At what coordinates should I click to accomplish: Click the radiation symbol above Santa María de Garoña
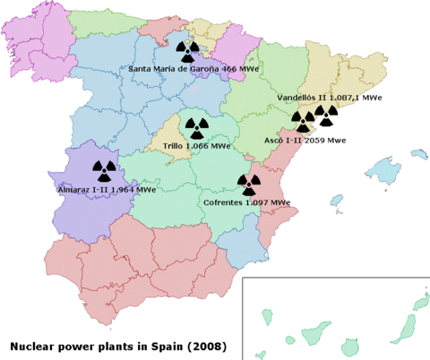(188, 51)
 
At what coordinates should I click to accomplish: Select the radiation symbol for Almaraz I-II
(104, 170)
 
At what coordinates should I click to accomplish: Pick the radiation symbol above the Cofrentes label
(248, 184)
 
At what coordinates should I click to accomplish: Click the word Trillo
(176, 145)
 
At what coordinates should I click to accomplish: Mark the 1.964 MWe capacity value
(131, 190)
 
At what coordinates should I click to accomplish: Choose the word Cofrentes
(224, 202)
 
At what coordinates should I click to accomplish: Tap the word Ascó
(277, 141)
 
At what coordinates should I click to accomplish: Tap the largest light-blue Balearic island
(387, 167)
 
